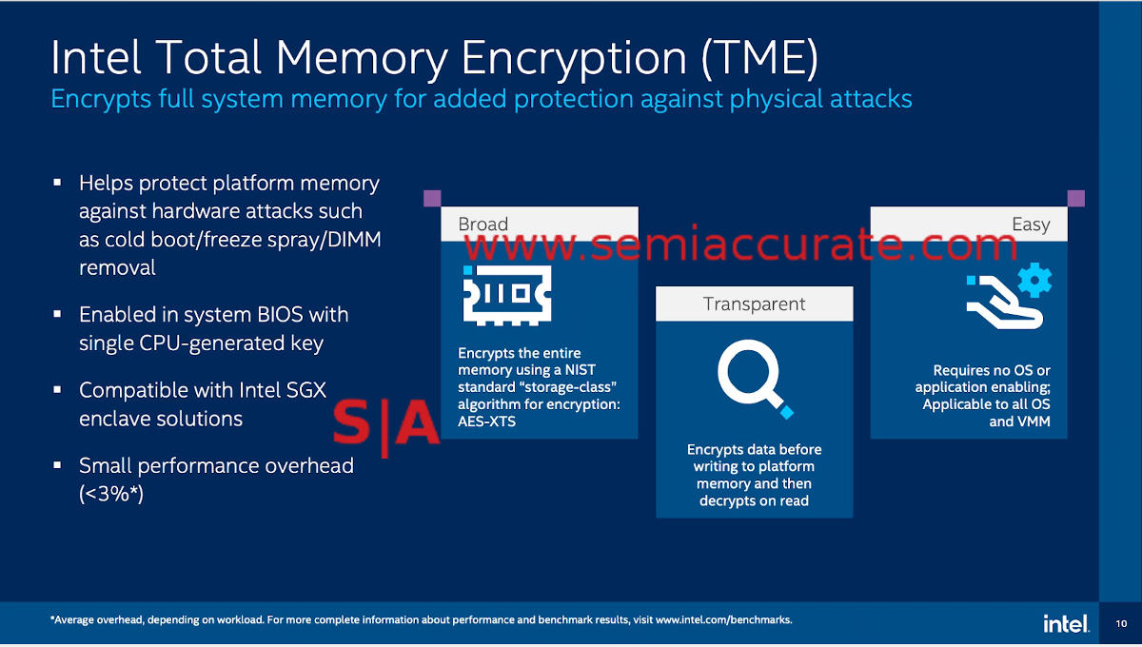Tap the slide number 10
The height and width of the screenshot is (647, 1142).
pos(1120,624)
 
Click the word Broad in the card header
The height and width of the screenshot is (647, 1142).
pos(483,225)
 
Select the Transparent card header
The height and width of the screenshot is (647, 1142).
pos(754,304)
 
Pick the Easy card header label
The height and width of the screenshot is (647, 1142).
pos(1031,225)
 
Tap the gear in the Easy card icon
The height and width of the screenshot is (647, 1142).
pos(1034,281)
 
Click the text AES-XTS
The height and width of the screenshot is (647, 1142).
pos(486,422)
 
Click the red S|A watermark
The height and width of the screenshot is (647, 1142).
pos(385,424)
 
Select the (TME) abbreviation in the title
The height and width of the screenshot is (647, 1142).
pos(758,59)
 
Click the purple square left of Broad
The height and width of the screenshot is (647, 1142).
pos(431,198)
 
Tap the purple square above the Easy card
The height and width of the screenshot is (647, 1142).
pos(1075,198)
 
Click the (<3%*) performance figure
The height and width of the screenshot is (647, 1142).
pos(111,494)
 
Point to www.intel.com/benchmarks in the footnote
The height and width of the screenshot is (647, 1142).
pos(723,620)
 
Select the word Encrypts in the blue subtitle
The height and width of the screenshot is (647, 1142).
pos(98,99)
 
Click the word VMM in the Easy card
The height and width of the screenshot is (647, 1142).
pos(1033,422)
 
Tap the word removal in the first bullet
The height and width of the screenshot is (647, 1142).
pos(117,268)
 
